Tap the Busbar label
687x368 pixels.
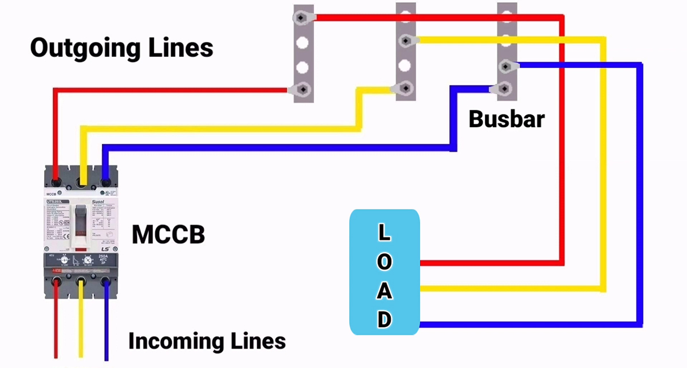(506, 119)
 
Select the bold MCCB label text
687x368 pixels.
(168, 235)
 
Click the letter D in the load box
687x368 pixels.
(385, 319)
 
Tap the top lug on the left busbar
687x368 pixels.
(303, 18)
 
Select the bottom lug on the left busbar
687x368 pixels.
(303, 89)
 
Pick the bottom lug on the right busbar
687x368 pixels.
(504, 88)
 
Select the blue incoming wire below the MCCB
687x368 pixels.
(106, 326)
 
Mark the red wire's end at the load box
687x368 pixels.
(423, 263)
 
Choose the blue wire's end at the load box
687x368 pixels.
(423, 325)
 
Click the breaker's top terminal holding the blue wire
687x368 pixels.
(105, 182)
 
